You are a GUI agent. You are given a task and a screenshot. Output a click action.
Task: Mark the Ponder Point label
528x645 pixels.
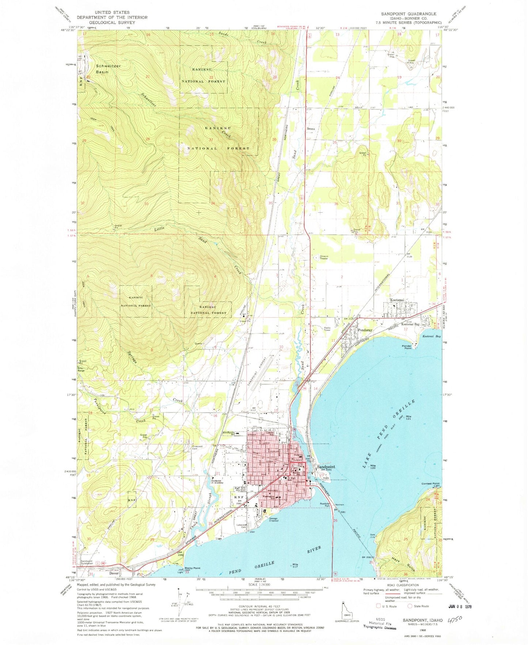407,347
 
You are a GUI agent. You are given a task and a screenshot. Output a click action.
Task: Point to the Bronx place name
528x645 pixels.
311,129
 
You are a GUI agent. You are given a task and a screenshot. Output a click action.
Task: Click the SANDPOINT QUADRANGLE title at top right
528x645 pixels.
409,14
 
